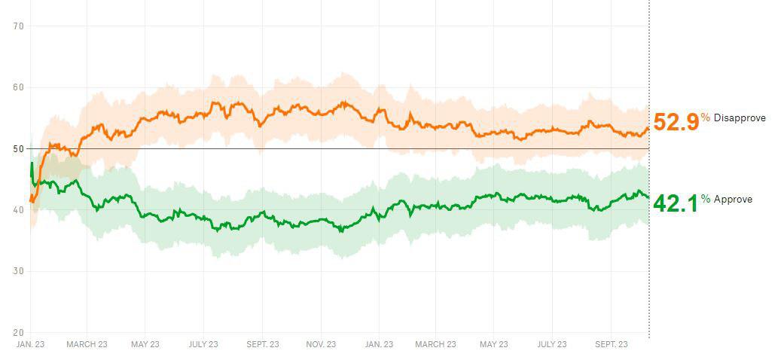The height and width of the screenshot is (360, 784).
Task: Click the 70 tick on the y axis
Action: (x=19, y=26)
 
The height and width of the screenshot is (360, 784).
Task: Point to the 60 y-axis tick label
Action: (x=19, y=87)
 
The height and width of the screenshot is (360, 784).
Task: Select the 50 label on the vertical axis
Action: (x=19, y=148)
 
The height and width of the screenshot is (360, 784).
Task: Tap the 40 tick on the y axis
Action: (x=19, y=210)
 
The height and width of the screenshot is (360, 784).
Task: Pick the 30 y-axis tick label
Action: (x=19, y=271)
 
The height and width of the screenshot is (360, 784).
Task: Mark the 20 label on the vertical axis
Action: (x=19, y=332)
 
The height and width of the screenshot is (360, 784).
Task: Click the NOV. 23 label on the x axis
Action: (x=321, y=344)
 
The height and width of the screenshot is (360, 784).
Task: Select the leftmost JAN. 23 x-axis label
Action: (x=31, y=344)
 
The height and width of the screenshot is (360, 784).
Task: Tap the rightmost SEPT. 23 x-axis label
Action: (x=612, y=344)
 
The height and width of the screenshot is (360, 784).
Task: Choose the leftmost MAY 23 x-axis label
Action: (x=145, y=344)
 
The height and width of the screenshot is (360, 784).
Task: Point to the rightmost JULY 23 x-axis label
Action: (x=552, y=344)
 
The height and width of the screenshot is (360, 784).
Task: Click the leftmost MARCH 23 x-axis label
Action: (x=87, y=344)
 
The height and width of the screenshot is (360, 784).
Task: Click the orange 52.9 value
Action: (x=676, y=122)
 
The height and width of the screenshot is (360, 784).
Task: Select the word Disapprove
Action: (x=740, y=118)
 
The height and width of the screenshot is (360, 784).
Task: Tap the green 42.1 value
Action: (x=676, y=203)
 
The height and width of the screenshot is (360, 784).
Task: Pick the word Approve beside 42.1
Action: (x=733, y=200)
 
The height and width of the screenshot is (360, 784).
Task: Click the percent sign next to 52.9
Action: (x=706, y=117)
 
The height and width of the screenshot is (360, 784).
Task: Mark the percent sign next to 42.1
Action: (x=706, y=199)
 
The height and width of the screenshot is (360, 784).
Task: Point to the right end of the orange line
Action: (x=648, y=128)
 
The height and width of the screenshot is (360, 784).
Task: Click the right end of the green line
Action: (x=648, y=197)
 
